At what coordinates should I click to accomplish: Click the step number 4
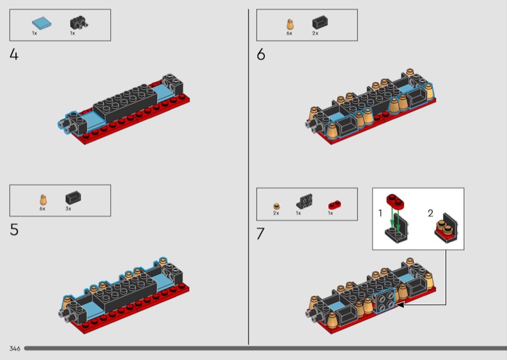[14, 55]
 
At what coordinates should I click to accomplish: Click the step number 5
[14, 229]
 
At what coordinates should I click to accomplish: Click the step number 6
[261, 55]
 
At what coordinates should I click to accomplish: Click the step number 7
[260, 233]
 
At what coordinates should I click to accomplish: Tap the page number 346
[15, 349]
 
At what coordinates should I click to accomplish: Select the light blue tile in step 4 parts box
[41, 23]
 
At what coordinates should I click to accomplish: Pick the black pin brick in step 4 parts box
[79, 23]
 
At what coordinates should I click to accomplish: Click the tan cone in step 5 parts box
[43, 200]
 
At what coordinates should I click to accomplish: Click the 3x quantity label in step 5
[68, 209]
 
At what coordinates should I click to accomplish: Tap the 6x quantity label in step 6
[289, 34]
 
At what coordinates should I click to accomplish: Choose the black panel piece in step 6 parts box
[320, 23]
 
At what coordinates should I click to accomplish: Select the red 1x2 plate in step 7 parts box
[335, 205]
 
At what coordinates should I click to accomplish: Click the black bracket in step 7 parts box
[304, 201]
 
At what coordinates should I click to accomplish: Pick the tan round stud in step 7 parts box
[276, 207]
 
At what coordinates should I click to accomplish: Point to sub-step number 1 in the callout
[380, 213]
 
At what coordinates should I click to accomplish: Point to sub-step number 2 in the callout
[430, 213]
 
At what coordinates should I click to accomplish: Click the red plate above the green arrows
[395, 200]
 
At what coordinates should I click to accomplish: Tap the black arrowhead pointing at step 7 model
[401, 305]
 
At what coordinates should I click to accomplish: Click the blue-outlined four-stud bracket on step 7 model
[384, 301]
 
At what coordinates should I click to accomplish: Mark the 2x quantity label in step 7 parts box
[276, 213]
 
